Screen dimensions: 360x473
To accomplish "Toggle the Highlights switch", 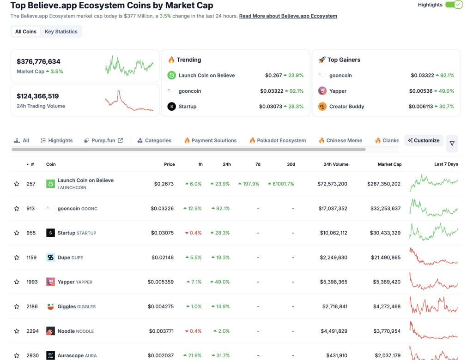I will tap(454, 5).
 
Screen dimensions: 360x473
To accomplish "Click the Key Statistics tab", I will tap(61, 32).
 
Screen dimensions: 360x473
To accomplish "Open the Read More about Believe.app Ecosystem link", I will tap(288, 16).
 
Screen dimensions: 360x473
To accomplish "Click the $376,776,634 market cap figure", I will tap(38, 61).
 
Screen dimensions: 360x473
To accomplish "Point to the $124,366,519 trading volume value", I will tap(37, 96).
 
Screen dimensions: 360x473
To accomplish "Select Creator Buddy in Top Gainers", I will tap(346, 107).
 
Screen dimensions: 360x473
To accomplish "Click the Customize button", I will tap(424, 140).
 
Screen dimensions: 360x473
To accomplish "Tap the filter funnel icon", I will tap(452, 144).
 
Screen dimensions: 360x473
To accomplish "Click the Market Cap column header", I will tap(389, 164).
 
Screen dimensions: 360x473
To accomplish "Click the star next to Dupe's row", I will tap(17, 258).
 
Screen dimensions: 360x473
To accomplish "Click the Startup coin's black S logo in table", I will tap(50, 233).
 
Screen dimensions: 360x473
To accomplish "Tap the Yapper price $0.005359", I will tap(161, 282).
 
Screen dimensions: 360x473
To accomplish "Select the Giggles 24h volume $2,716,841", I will tap(334, 306).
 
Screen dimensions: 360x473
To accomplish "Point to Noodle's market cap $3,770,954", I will tap(386, 331).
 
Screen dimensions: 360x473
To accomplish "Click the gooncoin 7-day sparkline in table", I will tap(433, 208).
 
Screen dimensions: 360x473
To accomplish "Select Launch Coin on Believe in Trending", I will tap(206, 75).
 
